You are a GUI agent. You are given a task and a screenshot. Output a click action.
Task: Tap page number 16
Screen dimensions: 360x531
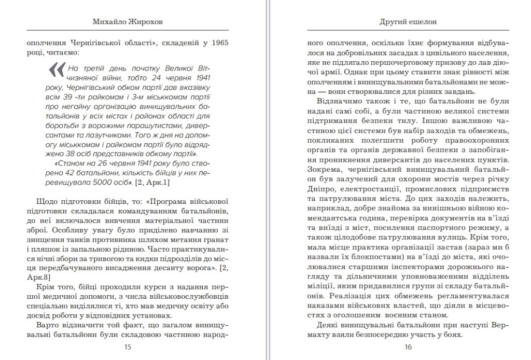408,347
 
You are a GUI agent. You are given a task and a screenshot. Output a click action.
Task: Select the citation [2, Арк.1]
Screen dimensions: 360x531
152,182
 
